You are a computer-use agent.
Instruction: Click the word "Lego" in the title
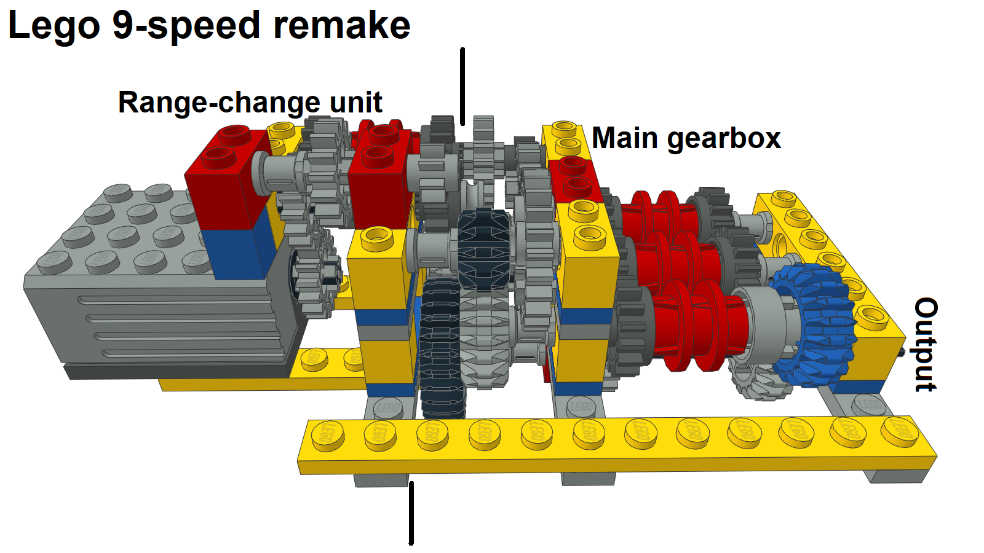pos(54,26)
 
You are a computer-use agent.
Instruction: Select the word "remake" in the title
pos(341,26)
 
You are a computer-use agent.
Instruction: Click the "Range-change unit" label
pos(250,102)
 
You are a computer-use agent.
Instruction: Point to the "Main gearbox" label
pos(686,138)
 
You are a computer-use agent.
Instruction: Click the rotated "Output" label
pos(926,344)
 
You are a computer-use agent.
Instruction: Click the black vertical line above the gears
pos(462,86)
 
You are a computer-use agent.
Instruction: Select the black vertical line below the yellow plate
pos(411,512)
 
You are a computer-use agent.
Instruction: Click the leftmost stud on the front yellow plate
pos(328,436)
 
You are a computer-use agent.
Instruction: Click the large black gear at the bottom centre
pos(442,350)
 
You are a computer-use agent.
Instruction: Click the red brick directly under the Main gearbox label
pos(575,178)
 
